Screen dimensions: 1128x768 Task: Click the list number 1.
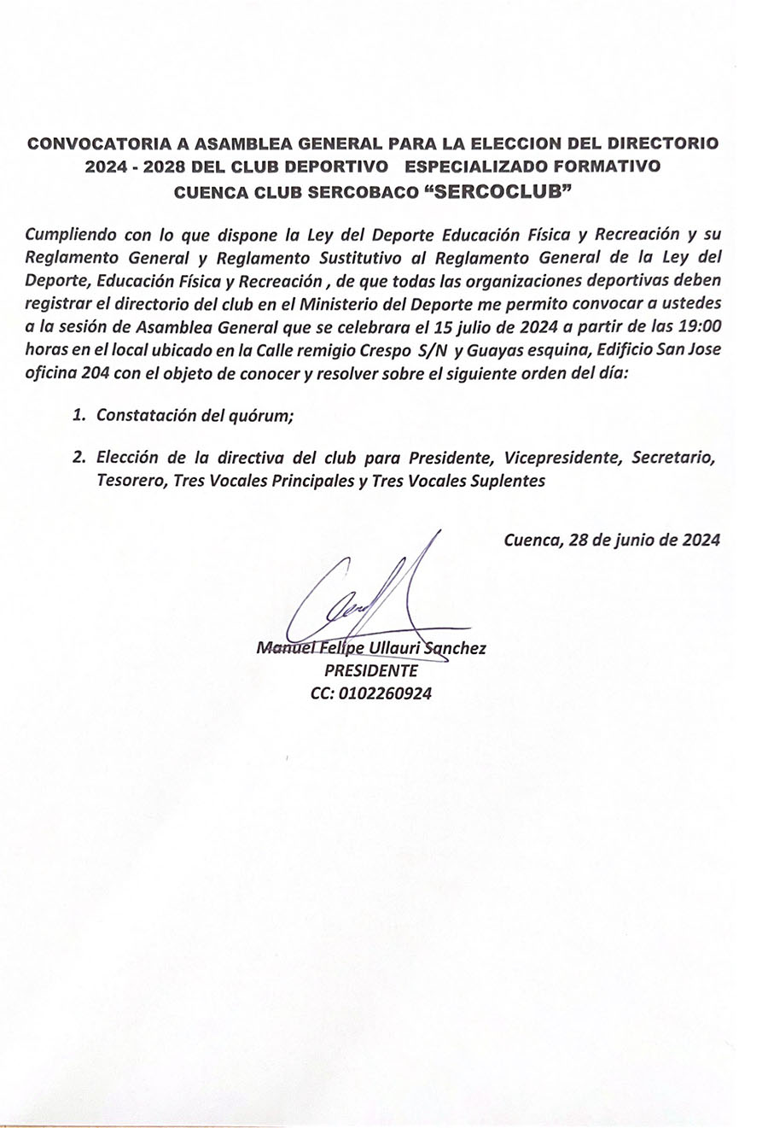click(79, 416)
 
